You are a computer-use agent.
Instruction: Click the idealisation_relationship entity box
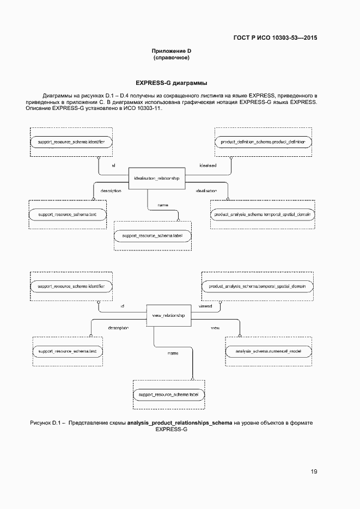coord(156,178)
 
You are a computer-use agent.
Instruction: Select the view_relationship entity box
coord(168,316)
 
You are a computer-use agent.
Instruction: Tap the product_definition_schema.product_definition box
coord(263,142)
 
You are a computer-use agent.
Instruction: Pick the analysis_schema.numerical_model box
coord(269,351)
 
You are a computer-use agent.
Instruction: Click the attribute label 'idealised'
coord(208,165)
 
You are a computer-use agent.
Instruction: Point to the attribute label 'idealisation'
coord(206,191)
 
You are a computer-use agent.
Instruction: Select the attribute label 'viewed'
coord(205,306)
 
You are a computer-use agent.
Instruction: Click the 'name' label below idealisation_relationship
coord(162,205)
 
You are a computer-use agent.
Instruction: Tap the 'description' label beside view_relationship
coord(118,328)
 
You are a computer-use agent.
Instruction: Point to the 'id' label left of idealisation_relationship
coord(113,165)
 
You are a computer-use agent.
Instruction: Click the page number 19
coord(314,471)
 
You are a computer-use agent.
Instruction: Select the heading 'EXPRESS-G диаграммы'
coord(171,83)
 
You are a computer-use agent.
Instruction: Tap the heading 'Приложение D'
coord(171,51)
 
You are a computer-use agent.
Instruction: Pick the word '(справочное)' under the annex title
coord(171,58)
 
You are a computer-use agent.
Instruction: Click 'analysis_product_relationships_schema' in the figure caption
coord(180,422)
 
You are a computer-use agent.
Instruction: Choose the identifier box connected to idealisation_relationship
coord(71,142)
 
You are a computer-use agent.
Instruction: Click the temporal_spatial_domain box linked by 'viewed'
coord(257,286)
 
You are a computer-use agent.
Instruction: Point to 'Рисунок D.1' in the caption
coord(47,422)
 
